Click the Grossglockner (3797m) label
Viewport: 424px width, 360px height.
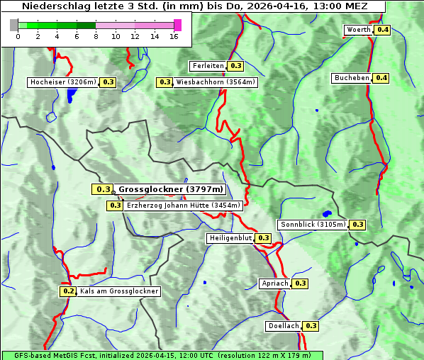(x=171, y=189)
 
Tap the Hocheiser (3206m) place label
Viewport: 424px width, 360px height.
(x=63, y=82)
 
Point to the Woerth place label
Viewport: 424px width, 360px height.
(x=358, y=30)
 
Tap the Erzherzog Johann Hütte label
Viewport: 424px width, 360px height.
(x=184, y=206)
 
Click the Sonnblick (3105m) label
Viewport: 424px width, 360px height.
(x=313, y=225)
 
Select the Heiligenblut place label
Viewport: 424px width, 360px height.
(x=230, y=237)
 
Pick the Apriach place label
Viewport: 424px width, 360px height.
(x=275, y=283)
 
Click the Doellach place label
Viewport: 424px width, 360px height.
(x=284, y=326)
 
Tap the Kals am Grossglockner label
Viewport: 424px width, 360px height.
(x=119, y=291)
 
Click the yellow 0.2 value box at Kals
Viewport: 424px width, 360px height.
(x=68, y=291)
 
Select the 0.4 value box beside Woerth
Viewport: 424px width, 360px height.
(x=382, y=30)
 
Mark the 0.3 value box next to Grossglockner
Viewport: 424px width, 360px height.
(x=103, y=189)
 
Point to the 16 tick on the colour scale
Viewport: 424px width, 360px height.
(x=174, y=36)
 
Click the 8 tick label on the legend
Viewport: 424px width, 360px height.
(x=96, y=36)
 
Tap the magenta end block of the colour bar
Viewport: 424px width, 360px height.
(x=177, y=25)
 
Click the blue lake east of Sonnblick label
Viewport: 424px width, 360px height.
(x=326, y=213)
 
